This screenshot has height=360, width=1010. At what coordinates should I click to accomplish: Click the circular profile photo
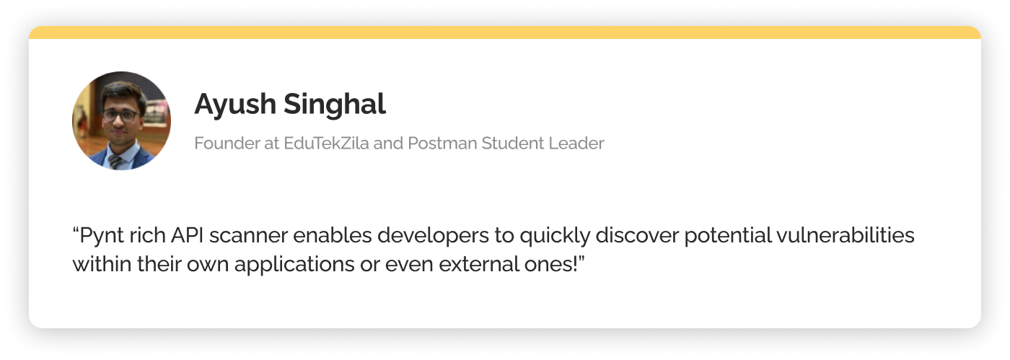(x=121, y=120)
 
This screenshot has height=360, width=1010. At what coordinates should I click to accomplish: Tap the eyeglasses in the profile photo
(x=120, y=115)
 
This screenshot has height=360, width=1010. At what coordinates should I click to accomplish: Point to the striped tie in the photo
(x=116, y=162)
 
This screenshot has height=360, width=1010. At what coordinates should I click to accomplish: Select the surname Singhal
(x=335, y=104)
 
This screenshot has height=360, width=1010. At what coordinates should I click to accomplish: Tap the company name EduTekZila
(x=326, y=143)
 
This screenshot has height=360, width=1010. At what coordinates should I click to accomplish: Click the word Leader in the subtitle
(x=576, y=143)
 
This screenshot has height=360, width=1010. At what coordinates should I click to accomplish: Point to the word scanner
(x=248, y=236)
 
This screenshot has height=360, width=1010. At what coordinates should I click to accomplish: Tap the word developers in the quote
(x=433, y=236)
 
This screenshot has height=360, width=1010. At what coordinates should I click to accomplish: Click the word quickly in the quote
(x=555, y=236)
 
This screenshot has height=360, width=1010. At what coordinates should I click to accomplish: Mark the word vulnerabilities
(x=845, y=235)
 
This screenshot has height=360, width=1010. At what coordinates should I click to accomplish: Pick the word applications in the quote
(x=294, y=265)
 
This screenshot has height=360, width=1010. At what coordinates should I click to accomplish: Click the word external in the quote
(x=479, y=264)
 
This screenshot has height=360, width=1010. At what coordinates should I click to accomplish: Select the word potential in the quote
(x=728, y=236)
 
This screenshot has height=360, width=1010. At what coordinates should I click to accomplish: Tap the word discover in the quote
(x=637, y=235)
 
